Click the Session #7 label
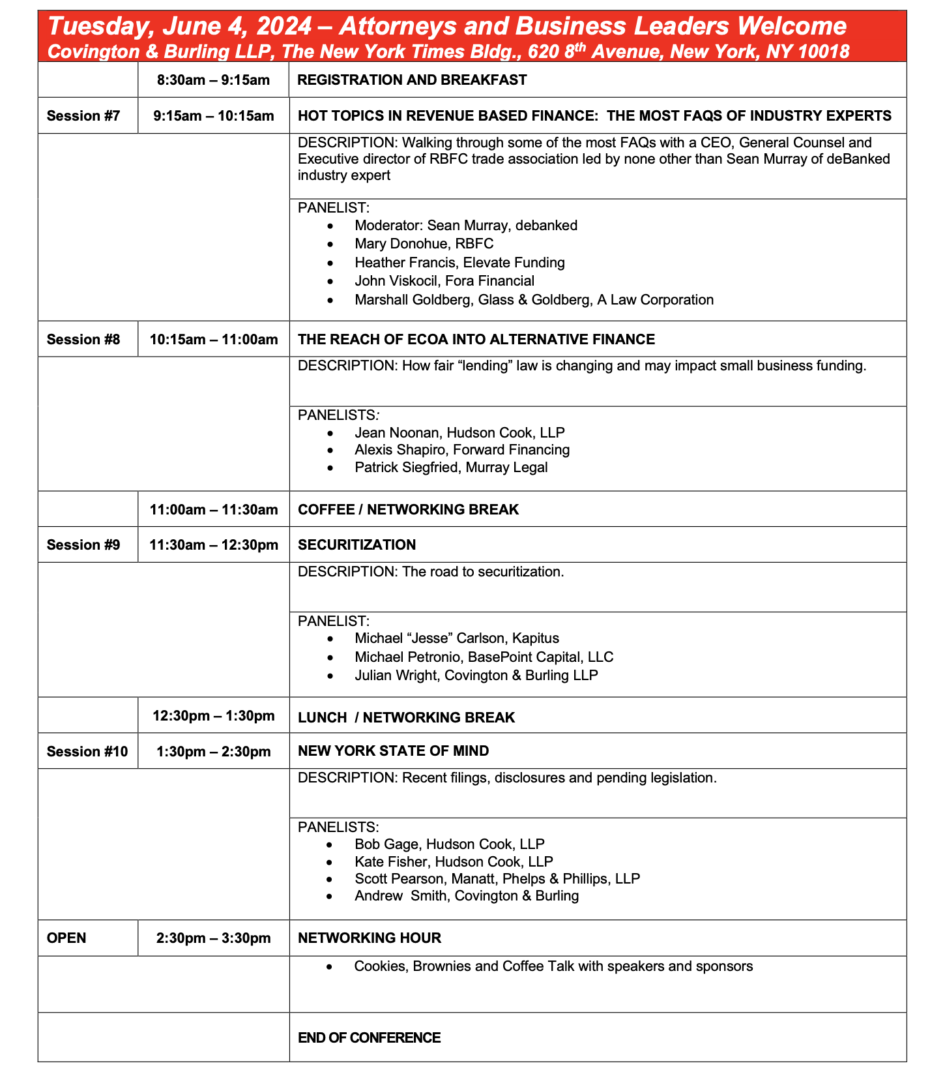pos(83,116)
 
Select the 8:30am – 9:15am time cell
pos(213,80)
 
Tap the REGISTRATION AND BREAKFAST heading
pos(412,80)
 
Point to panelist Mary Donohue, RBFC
pos(424,244)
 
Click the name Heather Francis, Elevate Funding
pos(459,263)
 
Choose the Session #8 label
pos(83,340)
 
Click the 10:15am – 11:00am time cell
pos(214,340)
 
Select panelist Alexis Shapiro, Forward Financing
pos(462,450)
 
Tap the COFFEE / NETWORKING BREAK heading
pos(408,510)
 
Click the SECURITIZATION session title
pos(356,545)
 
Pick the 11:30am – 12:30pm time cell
pos(214,545)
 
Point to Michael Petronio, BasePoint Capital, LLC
pos(484,657)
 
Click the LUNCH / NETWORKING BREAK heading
pos(406,718)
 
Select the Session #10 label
pos(87,752)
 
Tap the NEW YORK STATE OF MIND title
pos(393,751)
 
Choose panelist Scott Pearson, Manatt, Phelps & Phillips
pos(497,879)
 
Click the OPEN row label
pos(66,938)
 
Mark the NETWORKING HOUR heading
pos(369,938)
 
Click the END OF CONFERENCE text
pos(369,1038)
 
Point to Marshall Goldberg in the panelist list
pos(534,300)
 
